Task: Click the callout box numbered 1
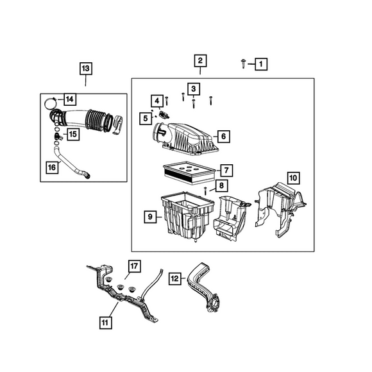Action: (x=261, y=64)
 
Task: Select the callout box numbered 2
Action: (x=200, y=61)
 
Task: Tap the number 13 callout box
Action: (x=86, y=69)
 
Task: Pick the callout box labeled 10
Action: (x=293, y=178)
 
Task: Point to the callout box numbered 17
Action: (x=134, y=266)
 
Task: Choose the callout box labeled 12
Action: (x=174, y=278)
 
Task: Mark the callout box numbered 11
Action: (x=105, y=323)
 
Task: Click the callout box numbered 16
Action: (x=52, y=167)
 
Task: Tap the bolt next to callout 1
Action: (x=243, y=63)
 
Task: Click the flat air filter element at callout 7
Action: (x=189, y=173)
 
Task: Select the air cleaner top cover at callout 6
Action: (x=185, y=139)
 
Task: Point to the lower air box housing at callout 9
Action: (x=187, y=216)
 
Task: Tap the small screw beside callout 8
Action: (x=205, y=190)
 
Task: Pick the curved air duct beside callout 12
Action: (x=203, y=287)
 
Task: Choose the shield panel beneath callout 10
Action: (x=280, y=210)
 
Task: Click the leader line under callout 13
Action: (x=85, y=81)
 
